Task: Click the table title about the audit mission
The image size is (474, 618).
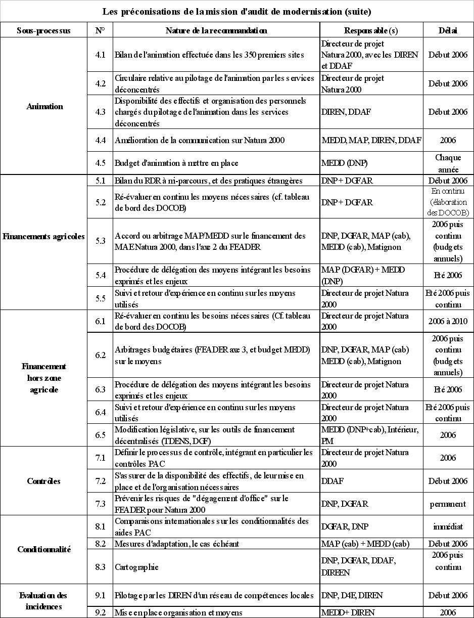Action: tap(237, 11)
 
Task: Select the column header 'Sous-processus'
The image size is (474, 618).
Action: tap(43, 30)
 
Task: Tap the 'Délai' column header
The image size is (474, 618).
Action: tap(448, 30)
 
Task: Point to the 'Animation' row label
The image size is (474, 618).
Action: tap(44, 106)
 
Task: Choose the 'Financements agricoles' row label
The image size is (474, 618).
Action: tap(43, 236)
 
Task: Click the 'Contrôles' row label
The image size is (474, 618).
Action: tap(43, 481)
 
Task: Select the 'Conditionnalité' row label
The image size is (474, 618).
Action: tap(43, 549)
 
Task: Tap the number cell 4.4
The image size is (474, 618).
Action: tap(100, 140)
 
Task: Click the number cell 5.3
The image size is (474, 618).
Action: tap(100, 241)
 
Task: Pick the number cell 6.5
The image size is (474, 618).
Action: tap(100, 435)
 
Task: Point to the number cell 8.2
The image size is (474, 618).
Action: tap(100, 544)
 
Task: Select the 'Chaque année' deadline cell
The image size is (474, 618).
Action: tap(448, 163)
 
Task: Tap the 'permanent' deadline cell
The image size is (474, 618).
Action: tap(448, 504)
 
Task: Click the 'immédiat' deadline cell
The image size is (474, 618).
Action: tap(448, 526)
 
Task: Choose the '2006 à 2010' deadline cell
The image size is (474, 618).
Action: tap(448, 321)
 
